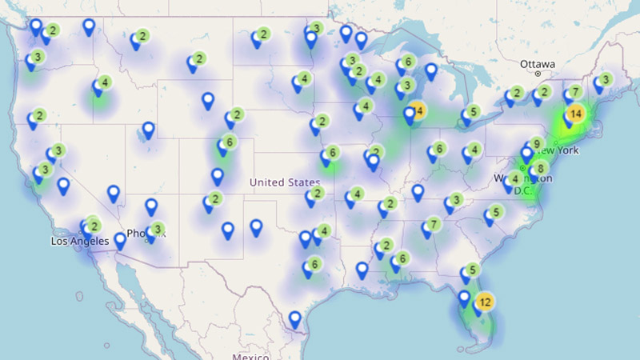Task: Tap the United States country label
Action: tap(284, 182)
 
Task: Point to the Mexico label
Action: tap(252, 355)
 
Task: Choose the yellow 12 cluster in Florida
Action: tap(484, 302)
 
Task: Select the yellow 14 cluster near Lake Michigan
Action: tap(417, 110)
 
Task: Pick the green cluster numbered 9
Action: tap(537, 144)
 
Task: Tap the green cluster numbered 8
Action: tap(542, 168)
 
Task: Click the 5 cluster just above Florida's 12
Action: tap(474, 270)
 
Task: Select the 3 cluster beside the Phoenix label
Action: tap(158, 230)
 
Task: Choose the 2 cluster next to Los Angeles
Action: tap(94, 226)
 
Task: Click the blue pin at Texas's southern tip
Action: tap(295, 318)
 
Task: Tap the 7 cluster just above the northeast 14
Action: tap(575, 91)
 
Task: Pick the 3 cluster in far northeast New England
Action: tap(606, 79)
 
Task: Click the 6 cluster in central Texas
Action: tap(315, 264)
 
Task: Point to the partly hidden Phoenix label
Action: tap(138, 234)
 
